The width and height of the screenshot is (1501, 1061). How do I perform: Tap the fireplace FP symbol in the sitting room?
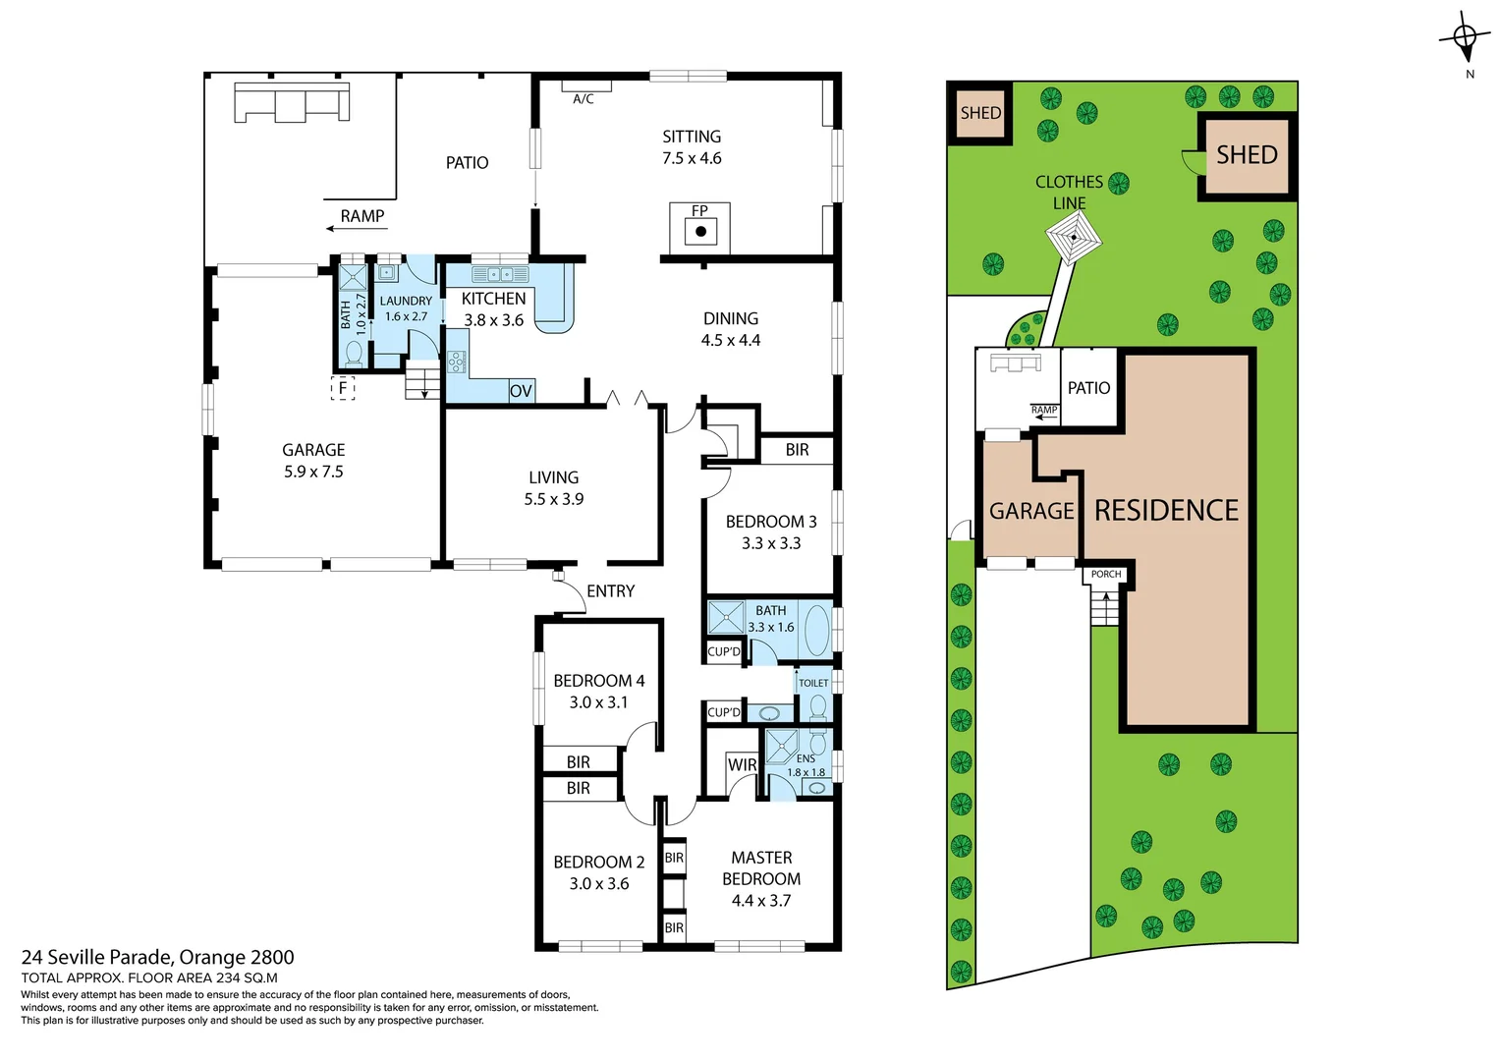(700, 230)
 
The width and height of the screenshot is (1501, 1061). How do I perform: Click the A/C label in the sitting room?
(583, 99)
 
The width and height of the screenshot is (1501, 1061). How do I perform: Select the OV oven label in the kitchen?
(521, 391)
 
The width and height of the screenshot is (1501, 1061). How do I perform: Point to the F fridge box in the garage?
(343, 388)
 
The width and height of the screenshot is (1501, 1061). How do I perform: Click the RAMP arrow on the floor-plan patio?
(344, 229)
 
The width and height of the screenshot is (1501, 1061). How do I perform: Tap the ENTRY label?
(610, 591)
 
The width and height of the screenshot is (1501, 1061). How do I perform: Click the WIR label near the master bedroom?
(742, 765)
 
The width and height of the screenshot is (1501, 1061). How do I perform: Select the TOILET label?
(813, 683)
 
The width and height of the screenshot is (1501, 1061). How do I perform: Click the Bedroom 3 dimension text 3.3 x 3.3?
(771, 543)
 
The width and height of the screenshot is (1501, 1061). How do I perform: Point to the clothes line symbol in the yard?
(1073, 238)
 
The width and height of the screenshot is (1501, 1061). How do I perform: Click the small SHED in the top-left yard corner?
(980, 113)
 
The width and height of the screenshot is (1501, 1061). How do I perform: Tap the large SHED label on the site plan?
(1247, 155)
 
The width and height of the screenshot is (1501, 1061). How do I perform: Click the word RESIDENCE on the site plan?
(1166, 511)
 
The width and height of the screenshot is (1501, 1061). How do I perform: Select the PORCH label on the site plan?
(1106, 575)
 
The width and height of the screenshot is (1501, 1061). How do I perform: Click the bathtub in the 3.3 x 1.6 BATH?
(816, 630)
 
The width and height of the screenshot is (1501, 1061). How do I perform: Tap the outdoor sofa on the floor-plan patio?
(292, 102)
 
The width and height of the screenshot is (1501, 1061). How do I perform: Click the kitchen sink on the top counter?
(500, 274)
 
